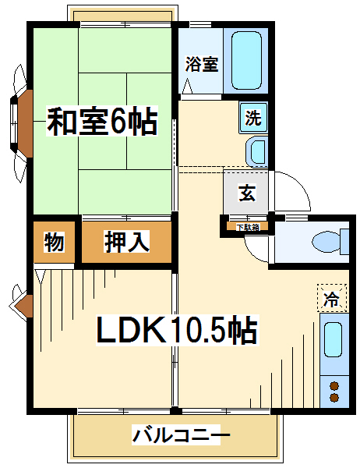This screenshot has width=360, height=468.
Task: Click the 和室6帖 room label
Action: [102, 122]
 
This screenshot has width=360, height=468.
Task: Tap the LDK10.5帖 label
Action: [177, 331]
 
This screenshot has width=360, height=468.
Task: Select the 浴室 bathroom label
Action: [202, 64]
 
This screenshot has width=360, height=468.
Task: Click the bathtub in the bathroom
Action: [246, 61]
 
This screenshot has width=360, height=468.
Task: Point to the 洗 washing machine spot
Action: [253, 117]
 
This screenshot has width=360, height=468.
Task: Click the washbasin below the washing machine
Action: [257, 151]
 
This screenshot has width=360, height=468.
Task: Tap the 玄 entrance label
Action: [247, 193]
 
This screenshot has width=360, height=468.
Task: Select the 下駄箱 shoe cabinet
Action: [247, 227]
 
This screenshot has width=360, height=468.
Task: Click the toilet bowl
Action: [326, 241]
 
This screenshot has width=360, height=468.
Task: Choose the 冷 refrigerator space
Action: [332, 298]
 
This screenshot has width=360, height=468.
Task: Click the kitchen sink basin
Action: [333, 339]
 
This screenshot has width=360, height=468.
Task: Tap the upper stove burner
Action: [334, 386]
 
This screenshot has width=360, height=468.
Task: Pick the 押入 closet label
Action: [126, 242]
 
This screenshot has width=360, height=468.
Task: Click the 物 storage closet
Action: [54, 242]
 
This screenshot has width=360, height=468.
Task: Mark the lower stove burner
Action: [334, 398]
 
